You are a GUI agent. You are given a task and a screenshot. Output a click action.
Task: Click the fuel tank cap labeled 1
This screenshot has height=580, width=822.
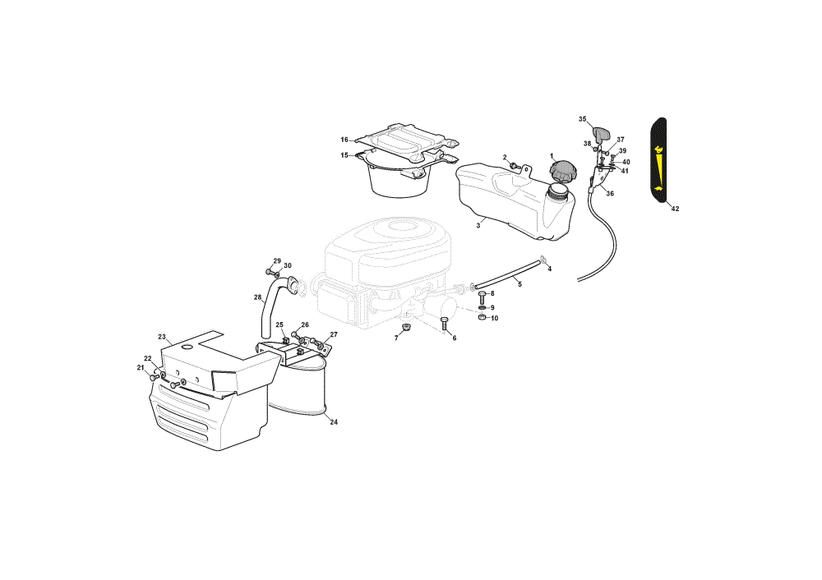562,171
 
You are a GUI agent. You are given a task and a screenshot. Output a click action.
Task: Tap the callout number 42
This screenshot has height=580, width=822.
675,209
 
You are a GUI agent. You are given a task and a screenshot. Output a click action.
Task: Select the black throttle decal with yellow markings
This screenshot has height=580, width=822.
658,160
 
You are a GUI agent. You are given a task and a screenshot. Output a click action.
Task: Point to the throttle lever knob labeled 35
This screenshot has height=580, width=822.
602,134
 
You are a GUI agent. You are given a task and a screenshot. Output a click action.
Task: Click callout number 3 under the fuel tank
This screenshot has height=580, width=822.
478,225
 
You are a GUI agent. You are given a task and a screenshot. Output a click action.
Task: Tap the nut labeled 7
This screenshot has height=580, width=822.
404,329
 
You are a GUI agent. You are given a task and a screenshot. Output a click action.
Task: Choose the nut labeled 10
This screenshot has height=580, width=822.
483,317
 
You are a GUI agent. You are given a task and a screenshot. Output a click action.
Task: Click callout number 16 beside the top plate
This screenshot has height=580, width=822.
344,140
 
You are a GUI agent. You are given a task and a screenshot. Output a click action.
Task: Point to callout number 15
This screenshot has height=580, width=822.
344,155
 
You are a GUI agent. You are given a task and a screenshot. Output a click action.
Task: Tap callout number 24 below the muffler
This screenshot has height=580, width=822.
334,421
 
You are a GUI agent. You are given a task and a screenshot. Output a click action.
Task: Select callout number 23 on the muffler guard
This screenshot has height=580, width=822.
162,336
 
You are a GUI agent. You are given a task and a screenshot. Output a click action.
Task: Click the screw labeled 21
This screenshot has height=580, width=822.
155,377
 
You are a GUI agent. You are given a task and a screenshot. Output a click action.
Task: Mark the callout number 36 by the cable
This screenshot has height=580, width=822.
610,193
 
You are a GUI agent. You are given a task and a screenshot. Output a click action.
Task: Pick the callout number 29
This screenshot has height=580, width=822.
277,261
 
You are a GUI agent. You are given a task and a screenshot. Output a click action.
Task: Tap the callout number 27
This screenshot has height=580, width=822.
334,334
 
